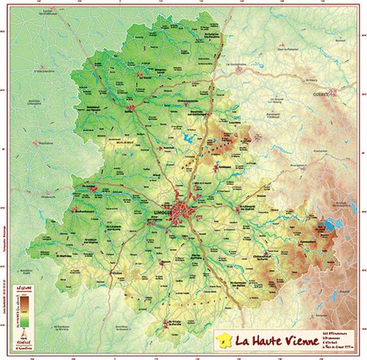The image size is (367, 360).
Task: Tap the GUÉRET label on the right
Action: pyautogui.click(x=322, y=95)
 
